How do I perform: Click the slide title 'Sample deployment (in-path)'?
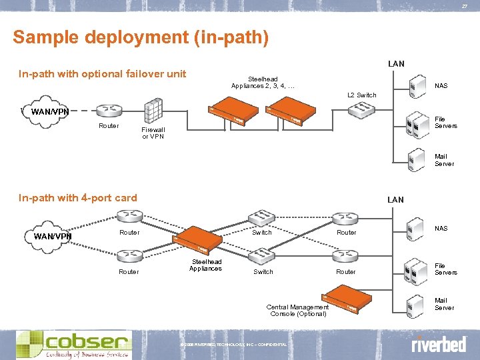click(141, 37)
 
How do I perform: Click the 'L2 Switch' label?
click(362, 95)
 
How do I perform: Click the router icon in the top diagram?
click(108, 111)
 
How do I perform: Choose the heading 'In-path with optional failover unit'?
click(102, 74)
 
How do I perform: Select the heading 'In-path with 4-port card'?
click(78, 198)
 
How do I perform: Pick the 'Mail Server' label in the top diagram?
click(444, 160)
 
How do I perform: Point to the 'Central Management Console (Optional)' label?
click(297, 310)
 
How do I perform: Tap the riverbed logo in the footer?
click(438, 345)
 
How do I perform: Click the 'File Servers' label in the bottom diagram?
click(445, 269)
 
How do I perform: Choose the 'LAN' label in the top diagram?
click(396, 64)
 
